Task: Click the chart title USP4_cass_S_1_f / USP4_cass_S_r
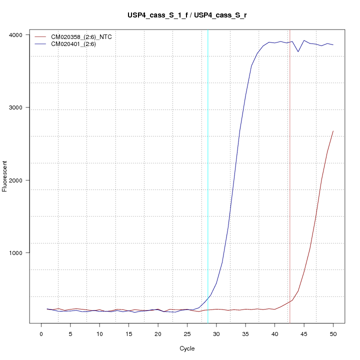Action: [186, 15]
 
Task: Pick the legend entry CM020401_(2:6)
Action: [77, 44]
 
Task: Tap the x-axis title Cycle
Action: [186, 348]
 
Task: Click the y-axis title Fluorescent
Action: [5, 176]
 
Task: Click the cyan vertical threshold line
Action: [208, 150]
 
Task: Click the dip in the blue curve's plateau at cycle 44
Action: [298, 51]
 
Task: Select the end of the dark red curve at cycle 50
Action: [333, 131]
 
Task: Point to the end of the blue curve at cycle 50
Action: [333, 45]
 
